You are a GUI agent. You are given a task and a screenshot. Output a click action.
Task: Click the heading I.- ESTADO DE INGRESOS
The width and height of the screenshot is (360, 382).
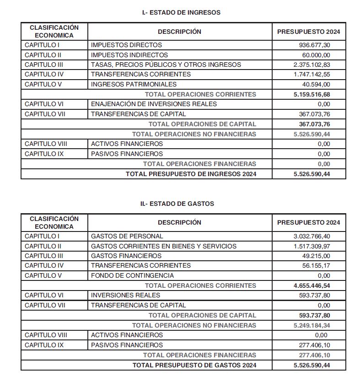pyautogui.click(x=181, y=12)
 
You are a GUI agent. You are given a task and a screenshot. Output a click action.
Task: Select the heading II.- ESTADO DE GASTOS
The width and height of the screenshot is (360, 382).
pyautogui.click(x=177, y=204)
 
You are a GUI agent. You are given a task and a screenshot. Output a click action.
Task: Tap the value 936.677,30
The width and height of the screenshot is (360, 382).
pyautogui.click(x=312, y=45)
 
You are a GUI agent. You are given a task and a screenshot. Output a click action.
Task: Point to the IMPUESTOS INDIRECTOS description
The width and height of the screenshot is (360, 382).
pyautogui.click(x=129, y=55)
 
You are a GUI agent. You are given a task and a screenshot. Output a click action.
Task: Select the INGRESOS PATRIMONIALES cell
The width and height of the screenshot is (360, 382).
pyautogui.click(x=134, y=84)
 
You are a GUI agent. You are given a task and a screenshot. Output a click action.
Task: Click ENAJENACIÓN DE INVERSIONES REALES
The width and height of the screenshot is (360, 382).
pyautogui.click(x=154, y=104)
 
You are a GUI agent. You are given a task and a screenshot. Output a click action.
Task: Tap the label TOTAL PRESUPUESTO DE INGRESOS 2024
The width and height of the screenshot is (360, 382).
pyautogui.click(x=191, y=174)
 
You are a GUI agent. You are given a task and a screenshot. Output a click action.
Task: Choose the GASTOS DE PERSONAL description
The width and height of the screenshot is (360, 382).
pyautogui.click(x=127, y=236)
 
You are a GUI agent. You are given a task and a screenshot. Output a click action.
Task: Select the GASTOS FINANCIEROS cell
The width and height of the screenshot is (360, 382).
pyautogui.click(x=126, y=256)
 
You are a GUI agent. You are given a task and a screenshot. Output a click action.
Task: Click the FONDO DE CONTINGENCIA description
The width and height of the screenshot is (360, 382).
pyautogui.click(x=132, y=275)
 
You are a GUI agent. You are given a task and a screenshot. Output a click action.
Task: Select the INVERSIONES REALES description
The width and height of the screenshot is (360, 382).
pyautogui.click(x=125, y=295)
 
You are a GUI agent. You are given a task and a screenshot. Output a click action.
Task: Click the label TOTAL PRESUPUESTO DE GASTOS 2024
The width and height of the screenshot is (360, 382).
pyautogui.click(x=194, y=365)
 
